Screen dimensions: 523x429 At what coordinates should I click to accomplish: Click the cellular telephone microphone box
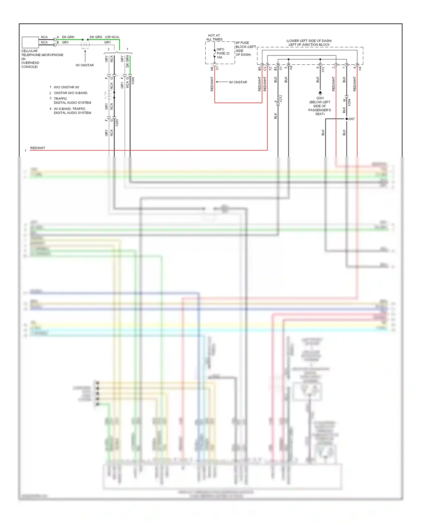point(30,42)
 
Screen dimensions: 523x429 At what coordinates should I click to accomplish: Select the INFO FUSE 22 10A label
point(223,53)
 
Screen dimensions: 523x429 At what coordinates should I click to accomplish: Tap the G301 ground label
point(320,98)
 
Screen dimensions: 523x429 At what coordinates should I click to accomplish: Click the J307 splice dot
point(347,119)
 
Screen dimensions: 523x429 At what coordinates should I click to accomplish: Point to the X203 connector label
point(117,123)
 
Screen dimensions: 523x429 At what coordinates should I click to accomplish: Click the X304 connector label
point(133,81)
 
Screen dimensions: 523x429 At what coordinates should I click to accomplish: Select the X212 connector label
point(281,99)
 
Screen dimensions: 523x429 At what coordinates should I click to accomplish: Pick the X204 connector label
point(349,103)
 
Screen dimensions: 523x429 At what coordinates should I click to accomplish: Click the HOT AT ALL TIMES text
point(214,37)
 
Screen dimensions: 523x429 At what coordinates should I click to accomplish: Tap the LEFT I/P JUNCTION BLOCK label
point(309,45)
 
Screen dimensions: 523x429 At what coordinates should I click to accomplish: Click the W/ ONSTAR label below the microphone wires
point(85,65)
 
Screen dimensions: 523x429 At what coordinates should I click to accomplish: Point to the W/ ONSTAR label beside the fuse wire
point(238,82)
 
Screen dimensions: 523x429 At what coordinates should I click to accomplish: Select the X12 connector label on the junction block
point(323,69)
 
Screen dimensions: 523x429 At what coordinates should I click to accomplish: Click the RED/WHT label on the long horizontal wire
point(38,148)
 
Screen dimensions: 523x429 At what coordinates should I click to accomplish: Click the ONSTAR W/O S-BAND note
point(71,93)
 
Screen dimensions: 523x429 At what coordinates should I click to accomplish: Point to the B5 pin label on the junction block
point(260,69)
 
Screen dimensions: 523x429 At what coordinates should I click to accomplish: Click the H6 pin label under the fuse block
point(212,69)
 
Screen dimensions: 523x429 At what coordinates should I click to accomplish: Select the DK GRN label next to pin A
point(68,37)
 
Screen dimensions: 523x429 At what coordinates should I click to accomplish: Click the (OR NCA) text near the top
point(112,37)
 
